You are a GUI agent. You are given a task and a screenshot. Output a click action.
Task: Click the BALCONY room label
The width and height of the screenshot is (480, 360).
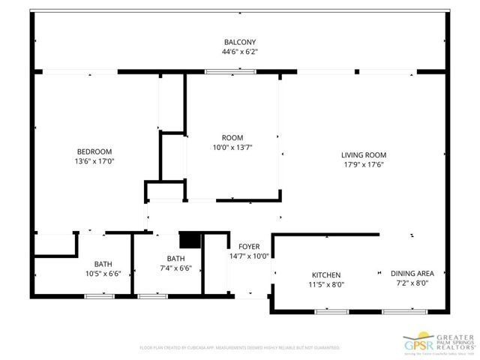click(239, 42)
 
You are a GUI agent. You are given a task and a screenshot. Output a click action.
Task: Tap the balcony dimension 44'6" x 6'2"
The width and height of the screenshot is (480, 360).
click(239, 52)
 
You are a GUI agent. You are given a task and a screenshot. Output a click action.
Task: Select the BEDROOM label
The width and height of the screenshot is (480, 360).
click(94, 151)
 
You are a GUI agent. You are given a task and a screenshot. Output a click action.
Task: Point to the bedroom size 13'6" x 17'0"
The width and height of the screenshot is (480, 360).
click(94, 160)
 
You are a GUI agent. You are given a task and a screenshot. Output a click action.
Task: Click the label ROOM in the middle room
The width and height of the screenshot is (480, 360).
click(232, 137)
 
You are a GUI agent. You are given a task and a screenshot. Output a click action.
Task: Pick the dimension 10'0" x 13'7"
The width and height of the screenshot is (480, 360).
click(232, 147)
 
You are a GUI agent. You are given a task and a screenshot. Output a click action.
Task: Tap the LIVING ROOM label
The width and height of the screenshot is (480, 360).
click(364, 154)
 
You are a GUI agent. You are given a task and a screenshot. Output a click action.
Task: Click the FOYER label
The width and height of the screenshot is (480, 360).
click(249, 247)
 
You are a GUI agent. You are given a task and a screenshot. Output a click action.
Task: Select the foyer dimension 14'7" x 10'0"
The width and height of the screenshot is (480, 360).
click(249, 256)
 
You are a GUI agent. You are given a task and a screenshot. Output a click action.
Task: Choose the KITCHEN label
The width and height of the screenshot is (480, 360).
click(326, 274)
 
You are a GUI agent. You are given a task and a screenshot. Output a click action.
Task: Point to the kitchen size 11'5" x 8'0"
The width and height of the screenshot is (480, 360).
click(326, 284)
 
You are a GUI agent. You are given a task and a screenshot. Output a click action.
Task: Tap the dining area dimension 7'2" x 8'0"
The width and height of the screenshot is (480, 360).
click(411, 283)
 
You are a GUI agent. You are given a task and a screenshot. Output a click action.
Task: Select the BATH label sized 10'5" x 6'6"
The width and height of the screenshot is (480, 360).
click(103, 264)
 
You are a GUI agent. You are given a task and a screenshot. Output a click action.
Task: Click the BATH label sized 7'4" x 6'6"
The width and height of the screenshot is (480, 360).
click(175, 259)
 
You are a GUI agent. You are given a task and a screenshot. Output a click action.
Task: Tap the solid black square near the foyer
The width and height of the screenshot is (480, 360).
click(190, 240)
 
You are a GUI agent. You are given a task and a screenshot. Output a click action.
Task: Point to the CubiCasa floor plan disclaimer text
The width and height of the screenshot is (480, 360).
click(240, 348)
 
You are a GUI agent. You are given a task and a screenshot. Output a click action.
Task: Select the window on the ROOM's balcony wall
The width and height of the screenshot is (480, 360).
click(220, 72)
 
